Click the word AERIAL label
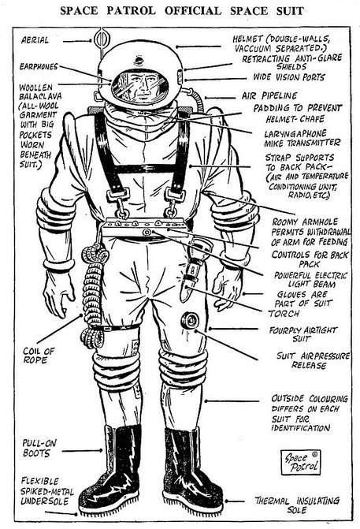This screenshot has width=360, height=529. coord(35,40)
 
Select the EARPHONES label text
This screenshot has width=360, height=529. coord(39,66)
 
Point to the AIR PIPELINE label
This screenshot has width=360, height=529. coord(269,96)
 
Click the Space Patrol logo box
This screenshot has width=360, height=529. coord(300,462)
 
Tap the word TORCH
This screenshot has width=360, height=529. coord(284,314)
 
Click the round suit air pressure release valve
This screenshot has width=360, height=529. coord(189,321)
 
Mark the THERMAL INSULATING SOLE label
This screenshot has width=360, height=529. coord(297,505)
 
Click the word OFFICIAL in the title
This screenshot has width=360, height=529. coord(193,10)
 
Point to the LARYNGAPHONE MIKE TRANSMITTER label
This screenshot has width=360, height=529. coord(302,138)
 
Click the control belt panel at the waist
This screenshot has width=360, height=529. coord(144,227)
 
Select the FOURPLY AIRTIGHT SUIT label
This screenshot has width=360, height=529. coord(302,334)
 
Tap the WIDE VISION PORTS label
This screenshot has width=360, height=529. coord(289,77)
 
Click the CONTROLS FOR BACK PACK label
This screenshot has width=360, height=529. coord(310,259)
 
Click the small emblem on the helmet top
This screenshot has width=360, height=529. coord(139,61)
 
